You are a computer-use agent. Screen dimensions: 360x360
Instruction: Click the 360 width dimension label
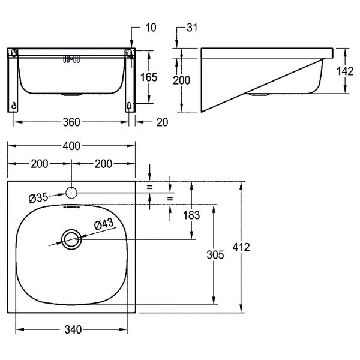(x=71, y=122)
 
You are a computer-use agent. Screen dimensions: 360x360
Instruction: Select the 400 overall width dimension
(x=71, y=146)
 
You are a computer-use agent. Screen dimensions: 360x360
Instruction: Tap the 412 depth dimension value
(x=241, y=247)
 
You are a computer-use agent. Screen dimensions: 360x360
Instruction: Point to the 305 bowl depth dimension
(x=215, y=254)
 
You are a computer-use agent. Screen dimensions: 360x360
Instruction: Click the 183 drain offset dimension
(x=191, y=215)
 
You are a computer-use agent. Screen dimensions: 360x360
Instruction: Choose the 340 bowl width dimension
(x=73, y=329)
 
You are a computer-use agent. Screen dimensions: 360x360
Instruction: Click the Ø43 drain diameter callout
(x=104, y=224)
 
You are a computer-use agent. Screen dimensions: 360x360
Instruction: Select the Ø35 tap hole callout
(x=38, y=197)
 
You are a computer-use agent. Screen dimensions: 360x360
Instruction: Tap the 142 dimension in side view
(x=345, y=71)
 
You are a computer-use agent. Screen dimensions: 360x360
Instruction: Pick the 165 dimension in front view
(x=149, y=77)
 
